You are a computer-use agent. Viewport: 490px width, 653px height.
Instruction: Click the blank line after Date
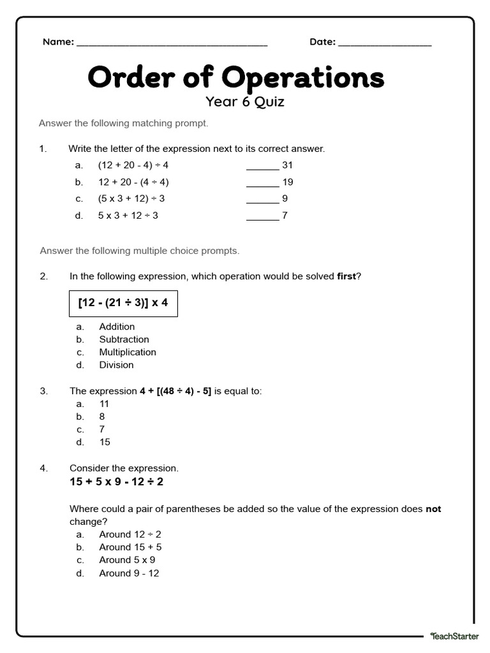click(x=385, y=45)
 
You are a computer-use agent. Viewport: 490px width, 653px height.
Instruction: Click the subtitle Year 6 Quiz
click(x=244, y=101)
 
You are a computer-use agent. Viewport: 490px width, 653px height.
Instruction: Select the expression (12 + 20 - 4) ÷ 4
click(x=133, y=165)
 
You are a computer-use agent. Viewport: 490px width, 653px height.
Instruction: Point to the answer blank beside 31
click(x=262, y=168)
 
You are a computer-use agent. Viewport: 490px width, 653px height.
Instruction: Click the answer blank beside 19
click(x=262, y=184)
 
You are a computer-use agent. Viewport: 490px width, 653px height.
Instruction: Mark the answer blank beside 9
click(x=262, y=201)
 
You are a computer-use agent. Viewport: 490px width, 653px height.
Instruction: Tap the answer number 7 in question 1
click(x=285, y=216)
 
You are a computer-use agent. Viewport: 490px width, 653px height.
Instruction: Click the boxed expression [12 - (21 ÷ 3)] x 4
click(x=123, y=302)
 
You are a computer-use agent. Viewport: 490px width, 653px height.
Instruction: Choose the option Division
click(x=116, y=365)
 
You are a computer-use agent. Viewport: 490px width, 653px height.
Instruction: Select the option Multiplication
click(x=128, y=352)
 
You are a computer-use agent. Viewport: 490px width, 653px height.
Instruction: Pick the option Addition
click(x=117, y=326)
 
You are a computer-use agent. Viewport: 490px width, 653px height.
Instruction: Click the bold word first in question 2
click(x=346, y=276)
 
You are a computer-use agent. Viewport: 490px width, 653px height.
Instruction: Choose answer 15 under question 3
click(x=105, y=442)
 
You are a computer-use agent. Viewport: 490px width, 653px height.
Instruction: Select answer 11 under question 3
click(x=105, y=404)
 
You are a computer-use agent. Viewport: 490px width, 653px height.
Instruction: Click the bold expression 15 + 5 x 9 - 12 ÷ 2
click(x=117, y=481)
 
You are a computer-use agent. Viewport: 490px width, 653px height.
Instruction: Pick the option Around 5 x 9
click(x=127, y=560)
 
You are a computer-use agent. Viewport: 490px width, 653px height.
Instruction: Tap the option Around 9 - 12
click(x=129, y=573)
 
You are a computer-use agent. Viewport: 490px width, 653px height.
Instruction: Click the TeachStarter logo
click(x=454, y=636)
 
